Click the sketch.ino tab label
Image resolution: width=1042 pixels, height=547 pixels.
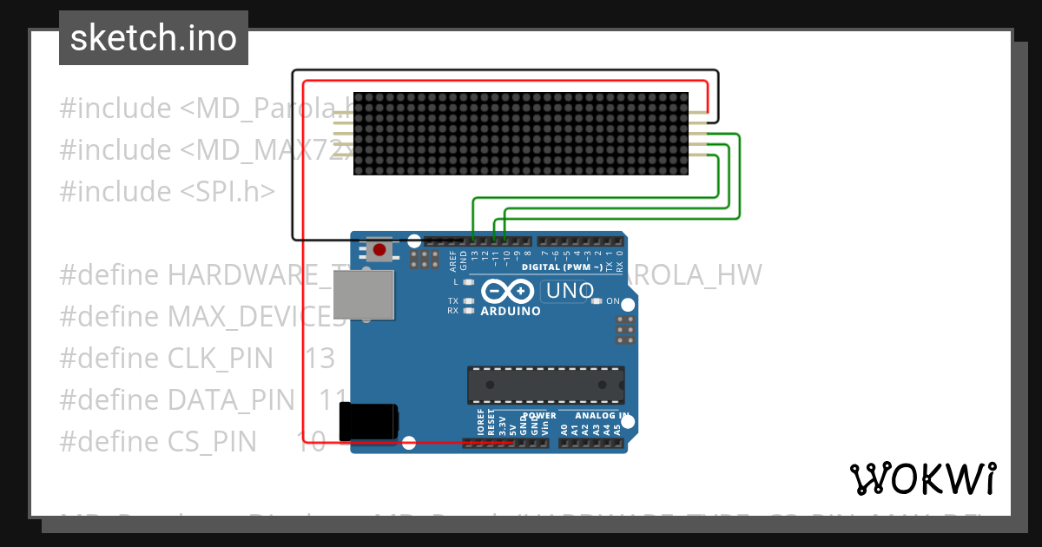pos(153,38)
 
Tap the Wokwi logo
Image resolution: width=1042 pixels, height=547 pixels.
pos(922,478)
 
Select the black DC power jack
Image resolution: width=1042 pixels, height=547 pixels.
pos(369,422)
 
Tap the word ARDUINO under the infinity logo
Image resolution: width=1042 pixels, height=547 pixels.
pos(511,311)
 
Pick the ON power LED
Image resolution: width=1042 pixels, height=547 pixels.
pos(595,301)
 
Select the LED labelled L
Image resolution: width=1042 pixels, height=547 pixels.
pos(468,282)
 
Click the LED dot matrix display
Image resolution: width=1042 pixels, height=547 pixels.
pos(521,134)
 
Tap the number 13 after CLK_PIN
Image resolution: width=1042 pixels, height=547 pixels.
pos(320,358)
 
